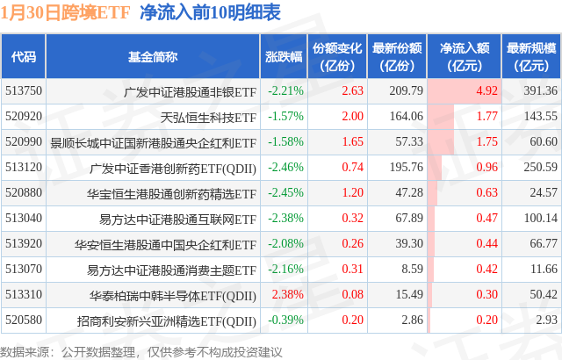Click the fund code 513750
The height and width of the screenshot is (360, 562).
point(23,90)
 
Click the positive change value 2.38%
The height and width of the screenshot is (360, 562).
point(285,294)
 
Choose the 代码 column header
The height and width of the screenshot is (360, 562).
point(24,56)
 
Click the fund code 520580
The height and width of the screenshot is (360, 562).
point(23,320)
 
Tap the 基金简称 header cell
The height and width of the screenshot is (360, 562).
point(153,56)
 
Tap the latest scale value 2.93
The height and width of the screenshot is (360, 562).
point(545,320)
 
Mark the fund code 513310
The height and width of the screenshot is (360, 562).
point(23,294)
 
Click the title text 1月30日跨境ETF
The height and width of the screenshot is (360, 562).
point(66,13)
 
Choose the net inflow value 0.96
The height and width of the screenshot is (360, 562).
point(486,167)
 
